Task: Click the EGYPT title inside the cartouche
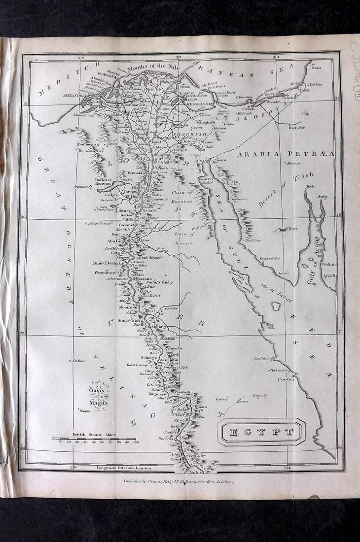pyautogui.click(x=261, y=433)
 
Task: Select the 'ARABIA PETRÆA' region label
pyautogui.click(x=286, y=154)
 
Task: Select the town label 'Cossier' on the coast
pyautogui.click(x=286, y=379)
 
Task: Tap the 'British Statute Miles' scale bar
pyautogui.click(x=94, y=439)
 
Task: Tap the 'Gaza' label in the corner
pyautogui.click(x=316, y=68)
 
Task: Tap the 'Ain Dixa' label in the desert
pyautogui.click(x=78, y=361)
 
